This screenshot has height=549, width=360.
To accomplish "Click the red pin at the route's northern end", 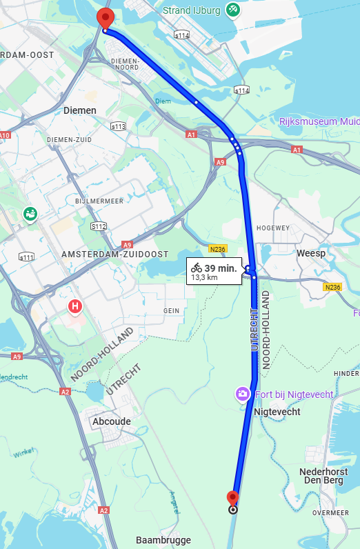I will click(105, 18).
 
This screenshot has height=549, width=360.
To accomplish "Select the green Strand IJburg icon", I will click(233, 10).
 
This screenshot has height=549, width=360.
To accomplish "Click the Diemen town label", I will click(80, 110).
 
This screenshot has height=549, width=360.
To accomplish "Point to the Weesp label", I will click(310, 254).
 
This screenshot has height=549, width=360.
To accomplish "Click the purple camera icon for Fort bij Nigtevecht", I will click(243, 394).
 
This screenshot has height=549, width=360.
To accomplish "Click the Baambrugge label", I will click(163, 540).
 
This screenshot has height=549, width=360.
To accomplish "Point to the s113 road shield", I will click(118, 126).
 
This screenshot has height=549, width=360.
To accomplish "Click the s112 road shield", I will click(99, 226).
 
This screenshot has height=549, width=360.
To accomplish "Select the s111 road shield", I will click(26, 257).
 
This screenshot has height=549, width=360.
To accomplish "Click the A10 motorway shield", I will click(5, 136).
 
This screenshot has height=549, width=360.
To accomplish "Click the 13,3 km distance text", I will click(204, 277).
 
